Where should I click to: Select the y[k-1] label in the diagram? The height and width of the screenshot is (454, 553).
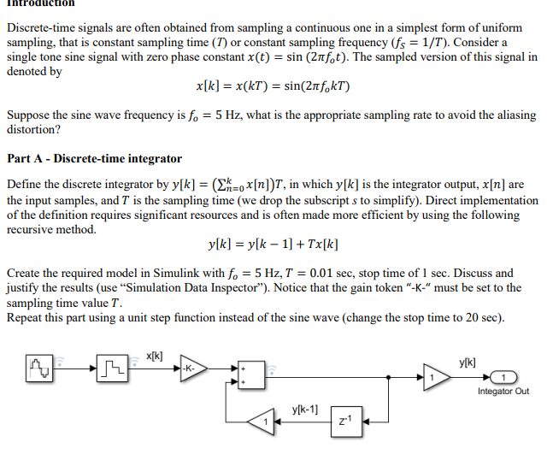point(305,408)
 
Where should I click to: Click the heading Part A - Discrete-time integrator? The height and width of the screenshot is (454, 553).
point(94,158)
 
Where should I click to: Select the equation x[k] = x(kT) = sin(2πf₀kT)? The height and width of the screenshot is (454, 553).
point(272,87)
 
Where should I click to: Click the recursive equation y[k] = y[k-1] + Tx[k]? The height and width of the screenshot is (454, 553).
point(273,245)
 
